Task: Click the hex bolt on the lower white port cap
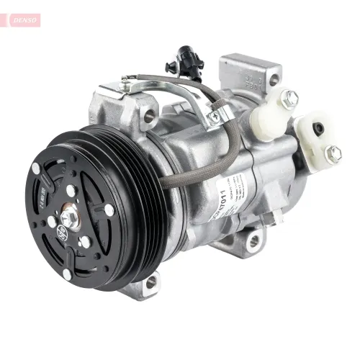click(x=333, y=153)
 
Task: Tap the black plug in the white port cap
click(x=318, y=129)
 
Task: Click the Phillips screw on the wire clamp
click(x=214, y=116)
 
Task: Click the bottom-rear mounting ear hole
click(x=254, y=242)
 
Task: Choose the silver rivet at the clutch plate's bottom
click(x=67, y=274)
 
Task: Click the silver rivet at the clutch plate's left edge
click(x=36, y=168)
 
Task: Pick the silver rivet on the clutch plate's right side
click(x=109, y=210)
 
